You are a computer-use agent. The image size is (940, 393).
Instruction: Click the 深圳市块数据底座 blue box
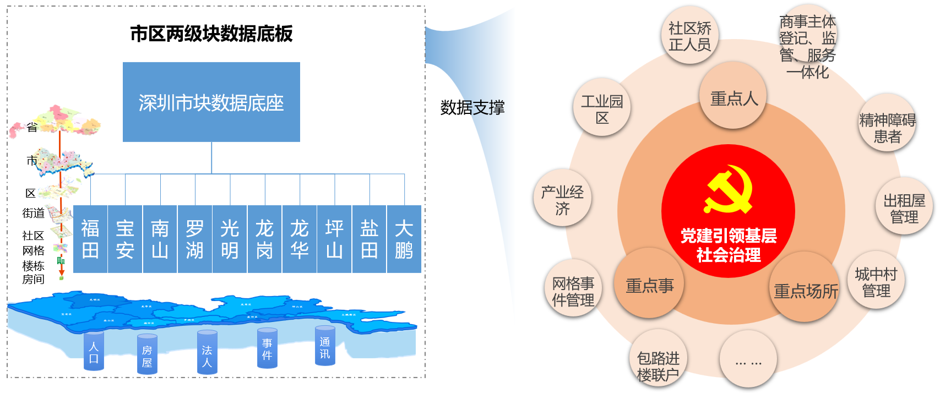click(x=211, y=102)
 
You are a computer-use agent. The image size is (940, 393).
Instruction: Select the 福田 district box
click(x=90, y=239)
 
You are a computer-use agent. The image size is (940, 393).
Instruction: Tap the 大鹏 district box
click(x=404, y=239)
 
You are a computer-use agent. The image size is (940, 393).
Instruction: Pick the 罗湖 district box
click(x=194, y=239)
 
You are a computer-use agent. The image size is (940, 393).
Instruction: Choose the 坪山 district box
click(x=334, y=239)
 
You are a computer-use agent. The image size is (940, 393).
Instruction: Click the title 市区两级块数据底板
click(x=211, y=34)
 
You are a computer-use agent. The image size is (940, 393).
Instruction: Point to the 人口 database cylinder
click(x=94, y=351)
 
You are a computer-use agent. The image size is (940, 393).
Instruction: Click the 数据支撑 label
click(x=472, y=107)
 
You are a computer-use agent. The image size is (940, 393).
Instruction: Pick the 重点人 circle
click(x=733, y=98)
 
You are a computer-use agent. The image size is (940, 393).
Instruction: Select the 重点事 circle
click(x=649, y=285)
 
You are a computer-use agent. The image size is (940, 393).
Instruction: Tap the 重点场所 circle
click(x=806, y=290)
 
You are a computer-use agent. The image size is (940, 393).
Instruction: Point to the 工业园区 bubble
click(x=602, y=108)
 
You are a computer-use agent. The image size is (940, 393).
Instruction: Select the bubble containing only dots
click(x=748, y=361)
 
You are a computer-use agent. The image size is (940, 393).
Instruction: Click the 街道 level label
click(x=33, y=213)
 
